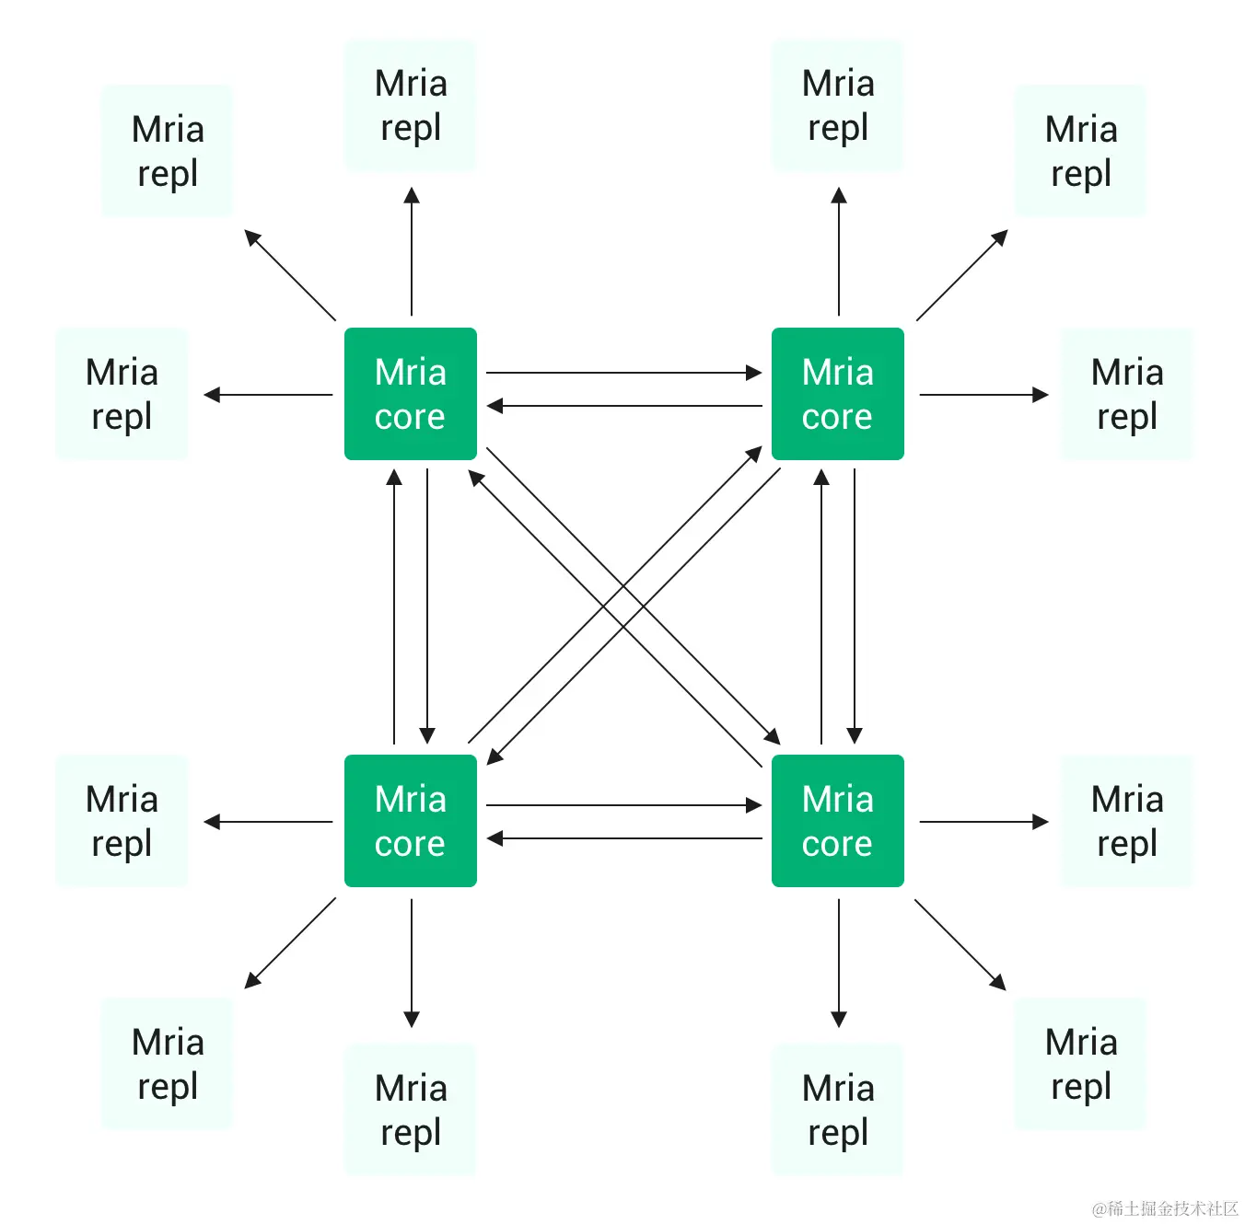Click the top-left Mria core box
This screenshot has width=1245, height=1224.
click(x=410, y=394)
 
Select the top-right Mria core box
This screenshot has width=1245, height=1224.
click(x=837, y=394)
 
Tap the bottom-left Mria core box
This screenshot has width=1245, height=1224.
click(x=410, y=821)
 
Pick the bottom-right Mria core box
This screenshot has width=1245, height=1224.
click(x=837, y=821)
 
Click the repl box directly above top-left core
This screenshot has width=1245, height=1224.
click(x=410, y=105)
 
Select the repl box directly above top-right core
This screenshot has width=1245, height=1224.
click(x=837, y=105)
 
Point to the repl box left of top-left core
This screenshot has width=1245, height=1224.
click(x=122, y=394)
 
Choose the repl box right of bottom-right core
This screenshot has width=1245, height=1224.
click(x=1126, y=821)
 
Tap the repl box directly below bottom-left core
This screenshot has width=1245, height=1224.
click(x=410, y=1109)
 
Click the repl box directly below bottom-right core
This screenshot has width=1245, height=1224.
click(x=837, y=1109)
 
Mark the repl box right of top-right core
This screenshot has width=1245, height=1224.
click(x=1126, y=394)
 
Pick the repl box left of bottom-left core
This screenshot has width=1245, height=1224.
click(x=122, y=821)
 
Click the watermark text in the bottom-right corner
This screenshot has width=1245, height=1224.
click(x=1164, y=1208)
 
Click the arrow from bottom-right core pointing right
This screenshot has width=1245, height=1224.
click(x=983, y=822)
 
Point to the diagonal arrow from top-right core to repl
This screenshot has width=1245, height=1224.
click(x=961, y=275)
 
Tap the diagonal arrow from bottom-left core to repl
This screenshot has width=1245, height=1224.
click(x=290, y=943)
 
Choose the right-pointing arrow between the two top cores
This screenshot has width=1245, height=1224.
click(x=623, y=373)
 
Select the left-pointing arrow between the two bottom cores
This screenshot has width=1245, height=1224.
click(x=623, y=838)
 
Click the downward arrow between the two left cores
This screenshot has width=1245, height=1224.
click(x=427, y=606)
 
